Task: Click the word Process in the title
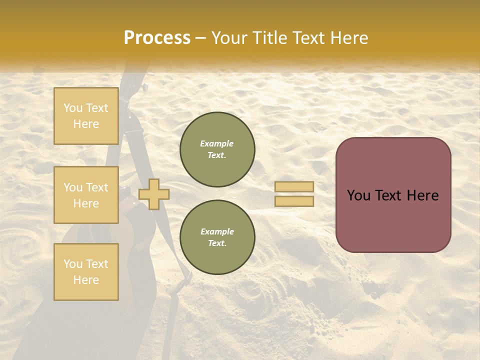[157, 38]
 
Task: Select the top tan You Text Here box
[86, 116]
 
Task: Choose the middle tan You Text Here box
[86, 195]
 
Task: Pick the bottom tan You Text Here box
[86, 271]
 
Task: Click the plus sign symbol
[154, 194]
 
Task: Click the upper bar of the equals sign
[294, 186]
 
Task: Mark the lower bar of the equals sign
[294, 201]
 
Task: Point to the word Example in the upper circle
[217, 143]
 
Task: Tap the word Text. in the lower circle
[217, 243]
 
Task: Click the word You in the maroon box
[358, 195]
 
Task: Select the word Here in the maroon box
[422, 195]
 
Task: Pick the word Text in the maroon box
[389, 195]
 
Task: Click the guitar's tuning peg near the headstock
[145, 87]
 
